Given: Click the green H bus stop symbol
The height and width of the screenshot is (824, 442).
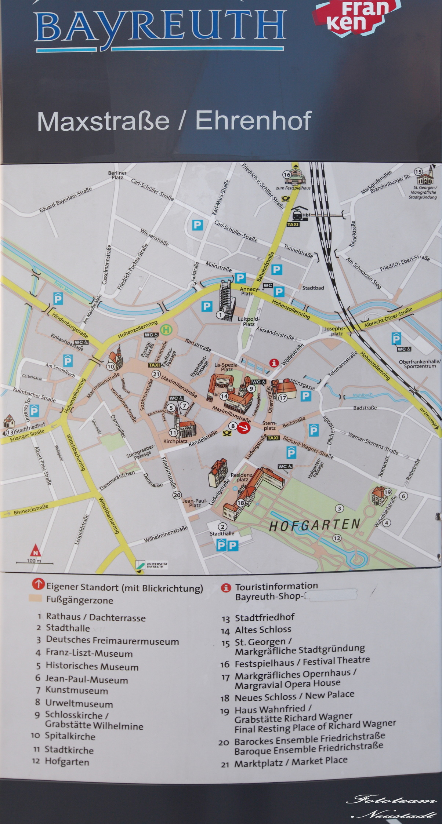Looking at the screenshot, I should (x=167, y=329).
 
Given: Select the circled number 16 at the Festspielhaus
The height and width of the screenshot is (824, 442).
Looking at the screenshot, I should (x=287, y=175).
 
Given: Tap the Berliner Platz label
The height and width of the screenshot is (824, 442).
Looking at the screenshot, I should (x=117, y=175).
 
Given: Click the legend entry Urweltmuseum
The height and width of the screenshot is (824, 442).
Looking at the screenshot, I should (x=79, y=704).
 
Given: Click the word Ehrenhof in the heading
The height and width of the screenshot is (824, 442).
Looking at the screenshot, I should (x=253, y=120).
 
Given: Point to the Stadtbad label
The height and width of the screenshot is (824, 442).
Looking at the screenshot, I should (x=313, y=288).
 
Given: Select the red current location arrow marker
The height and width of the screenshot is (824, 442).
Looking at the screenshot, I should (x=243, y=427).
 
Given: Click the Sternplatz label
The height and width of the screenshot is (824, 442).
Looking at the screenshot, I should (x=269, y=426).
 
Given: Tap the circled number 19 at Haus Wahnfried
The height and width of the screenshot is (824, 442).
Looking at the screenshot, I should (x=387, y=492).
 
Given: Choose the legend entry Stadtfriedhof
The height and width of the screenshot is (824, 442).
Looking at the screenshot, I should (x=264, y=617).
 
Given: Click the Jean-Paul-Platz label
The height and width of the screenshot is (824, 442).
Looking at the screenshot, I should (x=195, y=503).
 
